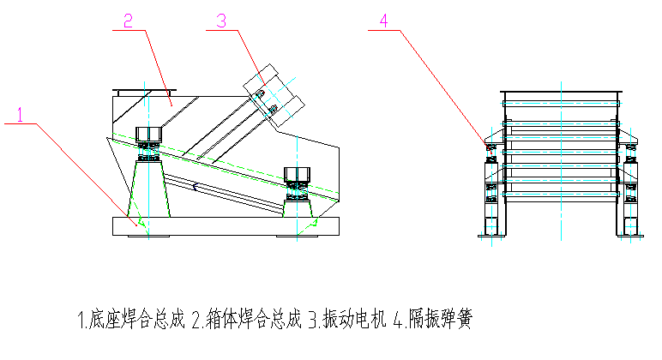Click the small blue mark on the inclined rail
pyautogui.click(x=195, y=186)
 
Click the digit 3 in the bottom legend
pyautogui.click(x=313, y=321)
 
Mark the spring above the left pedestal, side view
pyautogui.click(x=148, y=153)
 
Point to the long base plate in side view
pyautogui.click(x=227, y=226)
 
